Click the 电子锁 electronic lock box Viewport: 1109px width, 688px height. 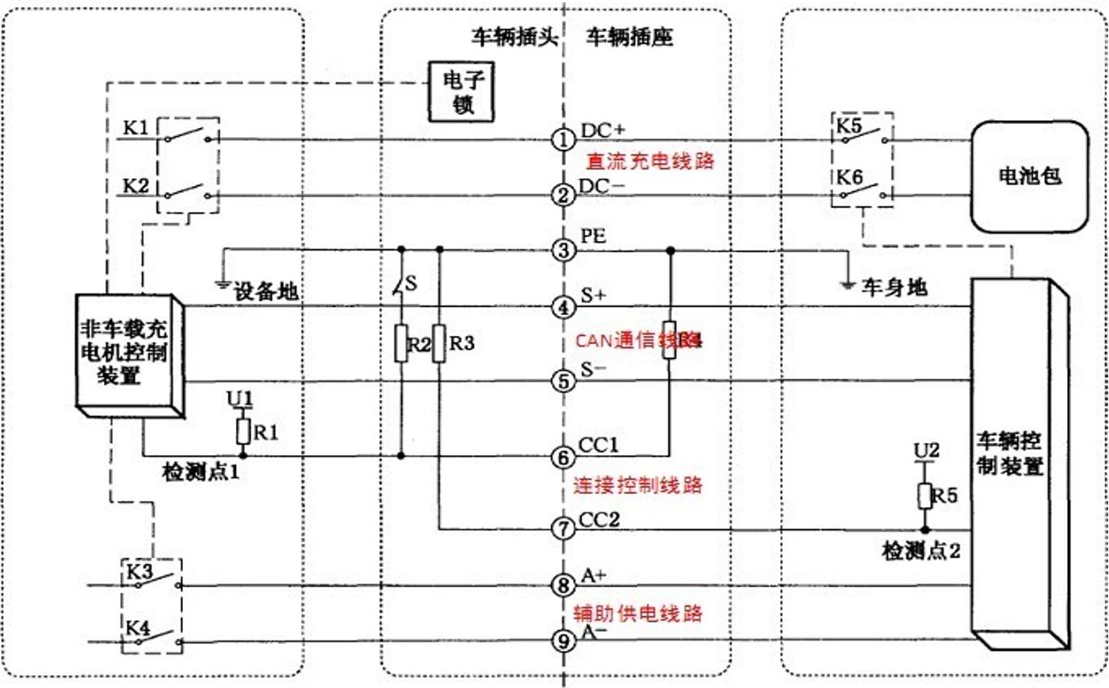[460, 92]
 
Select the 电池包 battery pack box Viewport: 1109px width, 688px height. [1030, 176]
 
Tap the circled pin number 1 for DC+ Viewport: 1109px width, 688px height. [563, 139]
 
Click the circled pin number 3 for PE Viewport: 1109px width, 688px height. [563, 250]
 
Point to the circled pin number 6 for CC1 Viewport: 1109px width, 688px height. [563, 456]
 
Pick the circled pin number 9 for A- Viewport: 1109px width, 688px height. [563, 641]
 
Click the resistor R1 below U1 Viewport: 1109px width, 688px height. [243, 432]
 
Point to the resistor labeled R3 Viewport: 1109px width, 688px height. [438, 342]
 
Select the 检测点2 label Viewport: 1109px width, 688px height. [920, 552]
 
